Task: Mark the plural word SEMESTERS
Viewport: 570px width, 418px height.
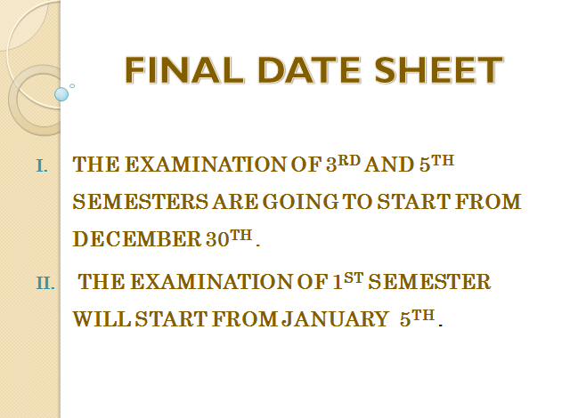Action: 140,203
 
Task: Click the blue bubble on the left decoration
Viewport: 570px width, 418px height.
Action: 61,93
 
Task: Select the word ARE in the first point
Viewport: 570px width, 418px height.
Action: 237,203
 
